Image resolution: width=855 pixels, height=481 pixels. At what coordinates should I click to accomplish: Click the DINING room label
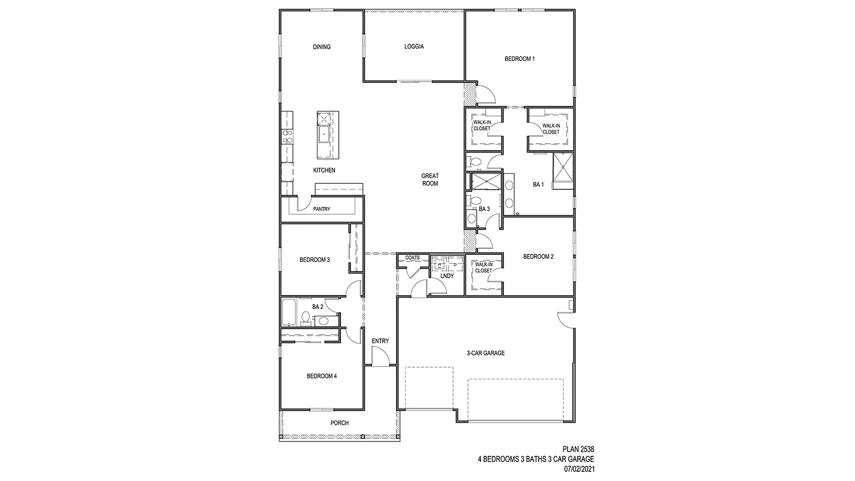pyautogui.click(x=322, y=47)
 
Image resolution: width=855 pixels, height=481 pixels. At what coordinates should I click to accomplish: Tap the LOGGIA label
pyautogui.click(x=414, y=47)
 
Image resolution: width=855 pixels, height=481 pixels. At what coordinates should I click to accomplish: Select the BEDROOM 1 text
pyautogui.click(x=519, y=59)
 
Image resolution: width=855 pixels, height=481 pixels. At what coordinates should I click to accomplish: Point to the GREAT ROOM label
pyautogui.click(x=430, y=180)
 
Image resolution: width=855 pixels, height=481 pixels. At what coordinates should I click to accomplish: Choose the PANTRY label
pyautogui.click(x=322, y=210)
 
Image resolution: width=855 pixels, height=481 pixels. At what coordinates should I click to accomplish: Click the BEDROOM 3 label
pyautogui.click(x=314, y=260)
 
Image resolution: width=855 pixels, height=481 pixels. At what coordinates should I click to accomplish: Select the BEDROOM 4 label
pyautogui.click(x=321, y=376)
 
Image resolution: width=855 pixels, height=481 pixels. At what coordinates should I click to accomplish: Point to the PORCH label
pyautogui.click(x=339, y=423)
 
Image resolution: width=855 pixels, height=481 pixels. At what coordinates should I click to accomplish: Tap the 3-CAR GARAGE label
pyautogui.click(x=485, y=353)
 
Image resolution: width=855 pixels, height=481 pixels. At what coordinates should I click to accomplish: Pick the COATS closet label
pyautogui.click(x=412, y=258)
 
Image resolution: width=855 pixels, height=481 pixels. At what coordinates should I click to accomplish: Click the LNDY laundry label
pyautogui.click(x=447, y=276)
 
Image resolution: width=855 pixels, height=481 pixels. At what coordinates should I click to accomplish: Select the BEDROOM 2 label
pyautogui.click(x=538, y=257)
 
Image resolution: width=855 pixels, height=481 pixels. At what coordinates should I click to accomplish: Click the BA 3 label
pyautogui.click(x=484, y=209)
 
